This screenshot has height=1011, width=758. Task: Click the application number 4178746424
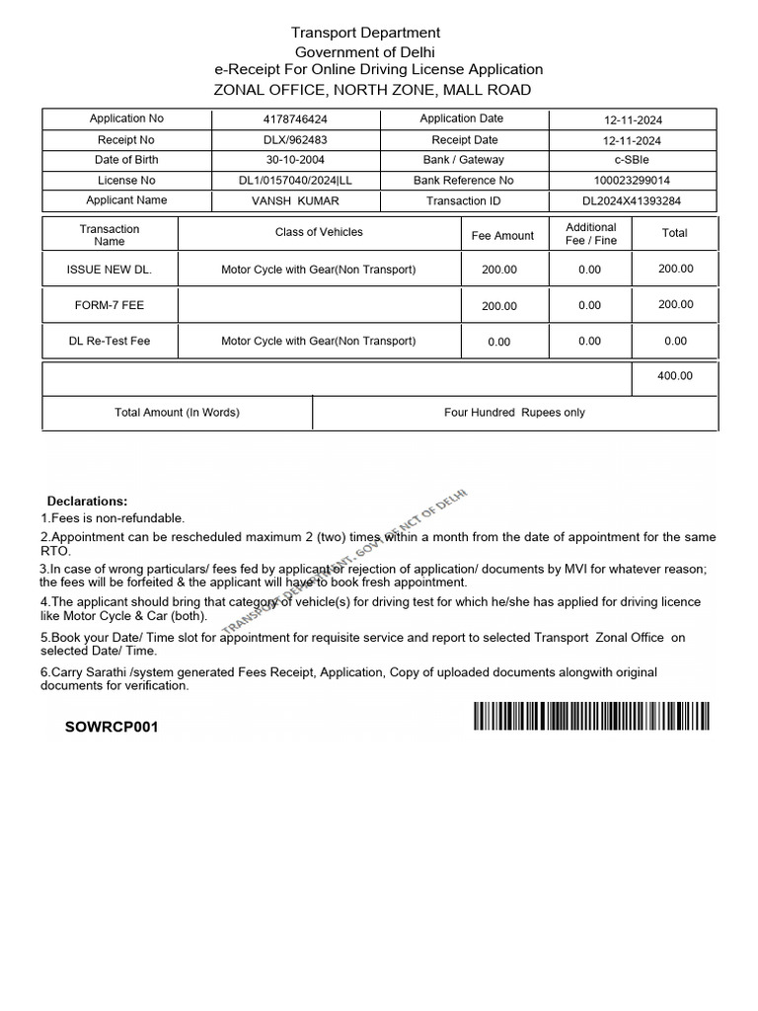coord(296,119)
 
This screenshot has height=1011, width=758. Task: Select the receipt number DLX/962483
coord(296,140)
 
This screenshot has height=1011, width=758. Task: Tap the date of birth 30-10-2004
coord(295,160)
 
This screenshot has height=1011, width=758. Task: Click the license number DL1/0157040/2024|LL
coord(295,181)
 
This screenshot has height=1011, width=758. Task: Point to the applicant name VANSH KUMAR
coord(296,200)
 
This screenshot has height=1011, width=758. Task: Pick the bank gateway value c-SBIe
coord(632,160)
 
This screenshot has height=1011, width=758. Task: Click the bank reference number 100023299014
coord(632,181)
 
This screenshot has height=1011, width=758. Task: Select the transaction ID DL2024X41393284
coord(632,201)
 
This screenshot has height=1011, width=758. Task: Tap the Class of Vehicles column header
coord(319,232)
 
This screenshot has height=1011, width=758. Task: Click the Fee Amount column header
coord(502,236)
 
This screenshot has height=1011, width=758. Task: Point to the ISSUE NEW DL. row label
coord(109,270)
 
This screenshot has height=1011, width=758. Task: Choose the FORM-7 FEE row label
coord(109,305)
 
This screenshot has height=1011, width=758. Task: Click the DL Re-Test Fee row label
coord(109,341)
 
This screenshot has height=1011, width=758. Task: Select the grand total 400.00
coord(675,376)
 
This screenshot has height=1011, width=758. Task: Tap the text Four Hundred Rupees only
coord(514,413)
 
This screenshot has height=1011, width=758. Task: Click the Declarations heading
coord(87,502)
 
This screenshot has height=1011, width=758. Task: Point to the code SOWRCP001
coord(111,728)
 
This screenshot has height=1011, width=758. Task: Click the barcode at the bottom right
coord(591,716)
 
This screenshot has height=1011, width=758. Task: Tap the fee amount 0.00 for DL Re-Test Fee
coord(499,342)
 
